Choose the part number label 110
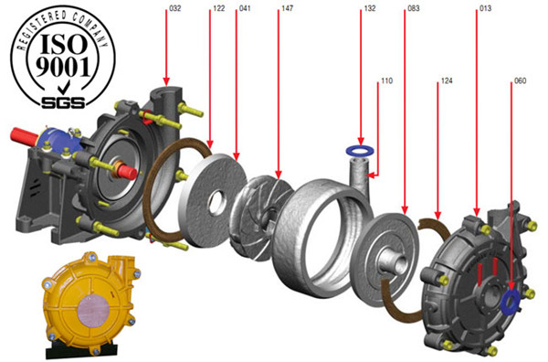tap(386, 82)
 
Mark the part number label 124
tap(447, 82)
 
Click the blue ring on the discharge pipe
tap(362, 148)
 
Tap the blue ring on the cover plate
tap(511, 297)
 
